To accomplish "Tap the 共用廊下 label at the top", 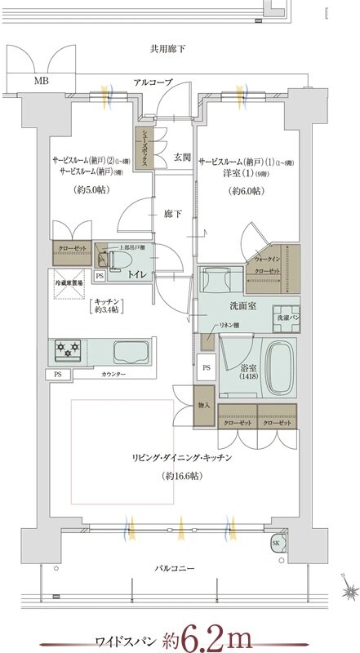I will point(167,49).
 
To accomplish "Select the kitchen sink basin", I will point(129,353).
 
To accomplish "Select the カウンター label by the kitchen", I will point(113,374).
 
